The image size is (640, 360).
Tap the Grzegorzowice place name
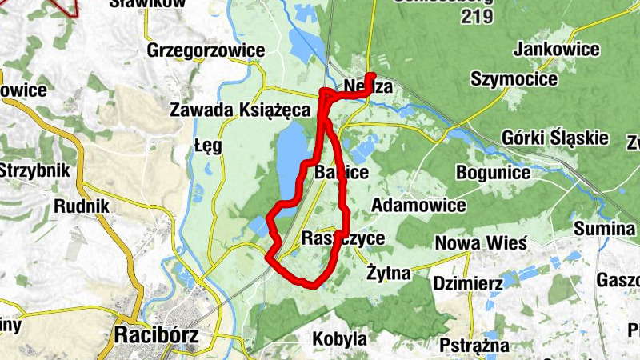206,51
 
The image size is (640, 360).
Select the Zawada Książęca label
239,110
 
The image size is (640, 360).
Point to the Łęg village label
207,146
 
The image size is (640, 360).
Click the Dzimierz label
467,283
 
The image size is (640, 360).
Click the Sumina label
604,229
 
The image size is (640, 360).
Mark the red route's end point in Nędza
371,78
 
